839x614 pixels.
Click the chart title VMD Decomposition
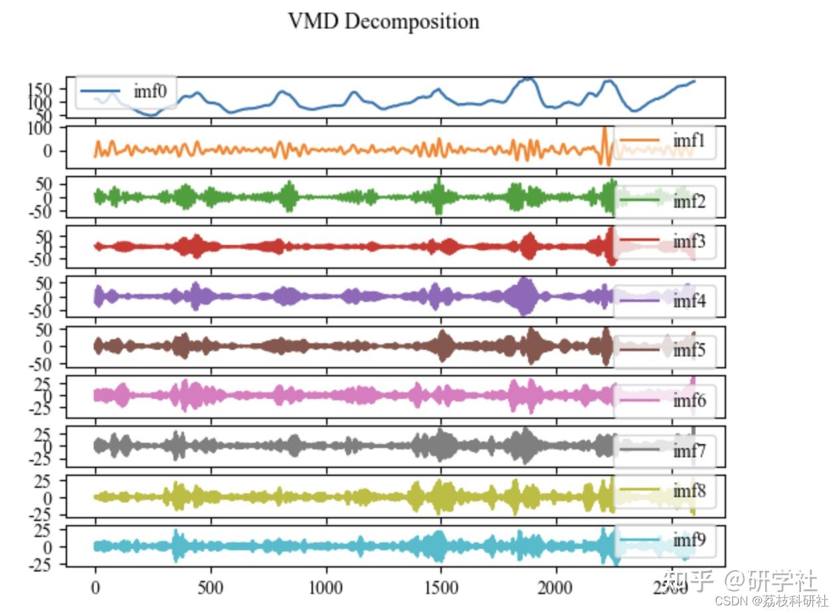(x=383, y=21)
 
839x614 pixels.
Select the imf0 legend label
(x=149, y=91)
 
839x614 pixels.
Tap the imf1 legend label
(x=689, y=141)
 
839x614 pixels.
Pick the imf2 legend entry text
(x=689, y=200)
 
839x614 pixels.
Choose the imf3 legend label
(x=689, y=241)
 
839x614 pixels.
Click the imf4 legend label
(x=689, y=301)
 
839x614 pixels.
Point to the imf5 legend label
(x=689, y=350)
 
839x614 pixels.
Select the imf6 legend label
(x=689, y=400)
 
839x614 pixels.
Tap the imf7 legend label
(x=689, y=451)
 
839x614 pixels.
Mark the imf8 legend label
(x=689, y=491)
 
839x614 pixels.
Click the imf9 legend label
(x=689, y=540)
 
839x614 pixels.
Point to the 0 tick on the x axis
(x=96, y=587)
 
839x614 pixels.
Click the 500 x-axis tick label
(x=211, y=587)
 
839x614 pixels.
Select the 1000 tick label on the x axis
(x=326, y=587)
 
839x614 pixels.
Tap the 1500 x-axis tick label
(x=441, y=587)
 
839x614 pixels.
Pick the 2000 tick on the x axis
(x=556, y=587)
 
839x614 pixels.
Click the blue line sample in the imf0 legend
(x=100, y=91)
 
